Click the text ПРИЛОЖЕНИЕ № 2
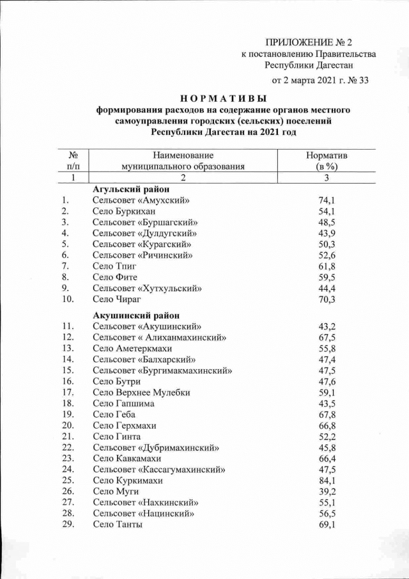tap(309, 42)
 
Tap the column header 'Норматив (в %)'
tap(327, 161)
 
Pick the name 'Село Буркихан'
tap(124, 211)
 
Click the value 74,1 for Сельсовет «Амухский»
tap(327, 200)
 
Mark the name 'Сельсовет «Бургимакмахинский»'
tap(162, 370)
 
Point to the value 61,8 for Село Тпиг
tap(327, 266)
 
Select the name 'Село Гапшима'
tap(123, 404)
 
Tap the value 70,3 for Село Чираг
tap(327, 299)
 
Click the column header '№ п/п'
tap(73, 161)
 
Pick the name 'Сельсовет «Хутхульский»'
tap(147, 288)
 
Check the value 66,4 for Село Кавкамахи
tap(327, 458)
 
